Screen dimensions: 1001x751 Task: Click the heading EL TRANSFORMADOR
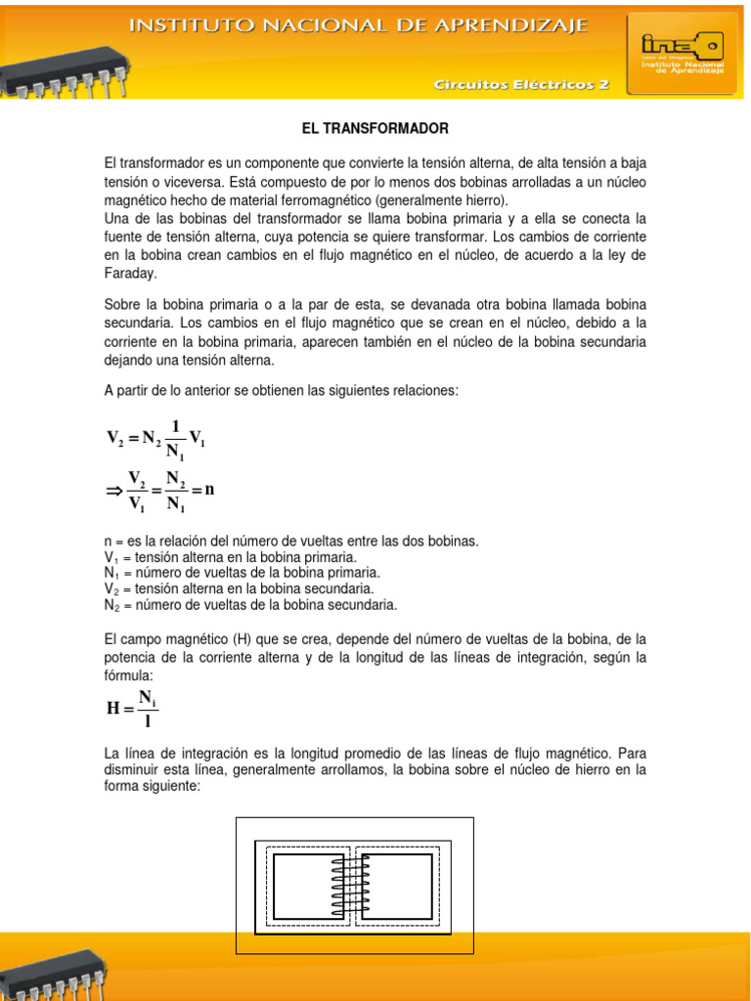coord(374,128)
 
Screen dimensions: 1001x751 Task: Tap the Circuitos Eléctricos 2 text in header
coord(522,85)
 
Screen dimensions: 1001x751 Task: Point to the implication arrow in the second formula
coord(113,492)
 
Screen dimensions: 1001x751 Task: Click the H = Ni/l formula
coord(132,708)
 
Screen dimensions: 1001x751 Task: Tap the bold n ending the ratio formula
coord(208,490)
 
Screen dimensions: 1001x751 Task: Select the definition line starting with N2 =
coord(250,605)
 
